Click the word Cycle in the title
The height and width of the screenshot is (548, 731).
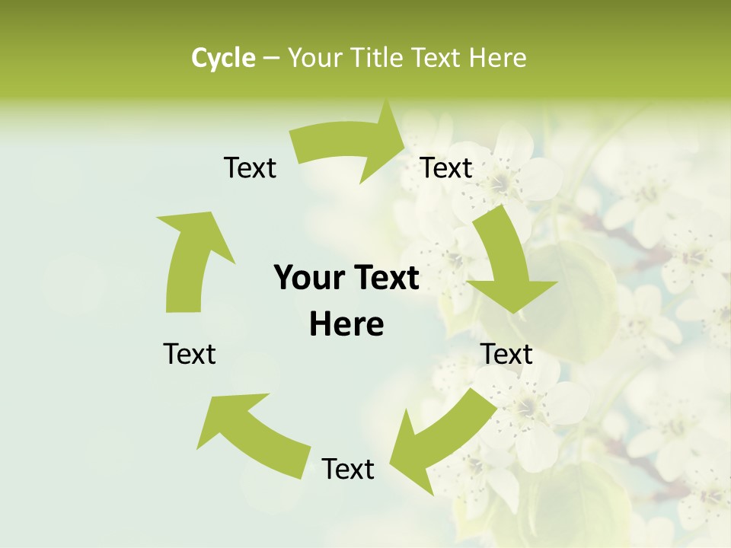pos(223,58)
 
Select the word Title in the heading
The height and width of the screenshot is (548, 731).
pos(378,58)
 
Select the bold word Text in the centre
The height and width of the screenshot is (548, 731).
pos(385,279)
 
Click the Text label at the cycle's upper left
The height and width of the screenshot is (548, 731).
pos(250,168)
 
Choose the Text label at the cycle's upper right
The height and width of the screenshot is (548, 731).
pos(446,168)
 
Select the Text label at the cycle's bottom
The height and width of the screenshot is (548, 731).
pos(348,470)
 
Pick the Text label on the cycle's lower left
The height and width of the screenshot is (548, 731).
pos(190,354)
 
